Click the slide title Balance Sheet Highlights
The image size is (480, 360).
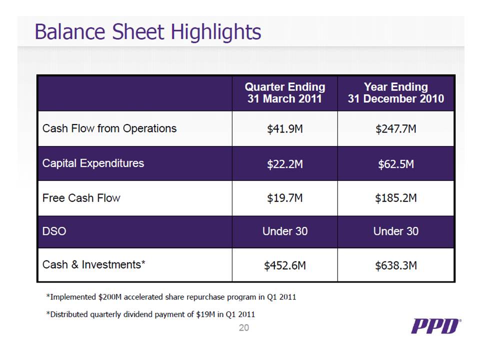tap(147, 32)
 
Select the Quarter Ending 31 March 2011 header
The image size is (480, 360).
tap(285, 93)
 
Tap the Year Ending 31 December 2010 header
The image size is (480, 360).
tap(395, 93)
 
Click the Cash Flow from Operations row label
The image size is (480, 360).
tap(109, 128)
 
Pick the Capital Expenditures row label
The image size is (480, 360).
tap(93, 163)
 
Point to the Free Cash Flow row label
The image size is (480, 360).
tap(81, 197)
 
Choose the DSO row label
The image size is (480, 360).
tap(54, 231)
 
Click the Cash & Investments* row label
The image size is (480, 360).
tap(94, 264)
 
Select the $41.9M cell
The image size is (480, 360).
tap(285, 129)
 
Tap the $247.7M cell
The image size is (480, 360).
tap(395, 129)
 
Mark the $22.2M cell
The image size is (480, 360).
tap(285, 163)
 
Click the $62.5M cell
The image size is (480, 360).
tap(395, 163)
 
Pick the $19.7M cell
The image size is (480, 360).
tap(285, 198)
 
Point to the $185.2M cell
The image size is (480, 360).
tap(395, 198)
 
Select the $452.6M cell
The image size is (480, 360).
tap(285, 265)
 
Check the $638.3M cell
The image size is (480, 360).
tap(395, 265)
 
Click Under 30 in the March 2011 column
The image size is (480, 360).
tap(285, 231)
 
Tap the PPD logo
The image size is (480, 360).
tap(435, 327)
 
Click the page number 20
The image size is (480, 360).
tap(243, 328)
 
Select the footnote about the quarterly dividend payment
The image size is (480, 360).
tap(150, 314)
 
